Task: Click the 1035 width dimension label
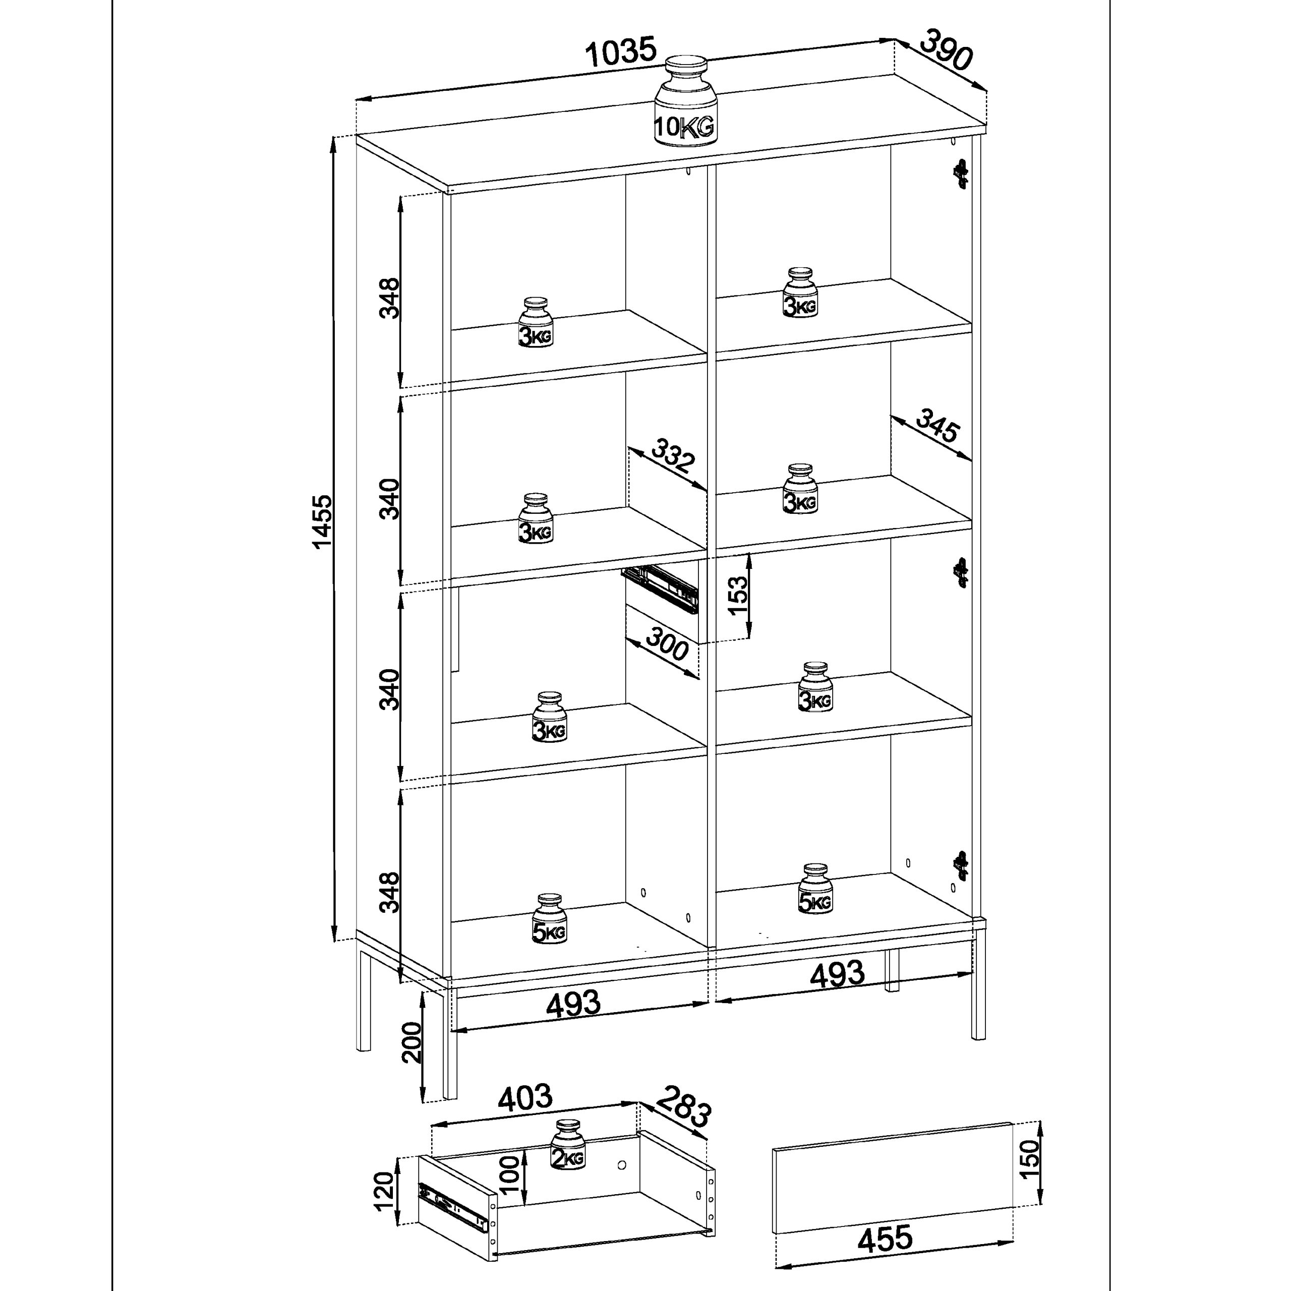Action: [x=621, y=52]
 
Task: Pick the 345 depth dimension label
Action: [x=937, y=426]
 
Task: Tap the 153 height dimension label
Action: [x=738, y=597]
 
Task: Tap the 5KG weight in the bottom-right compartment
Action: [x=815, y=890]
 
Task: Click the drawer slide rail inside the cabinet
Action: [x=660, y=588]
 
